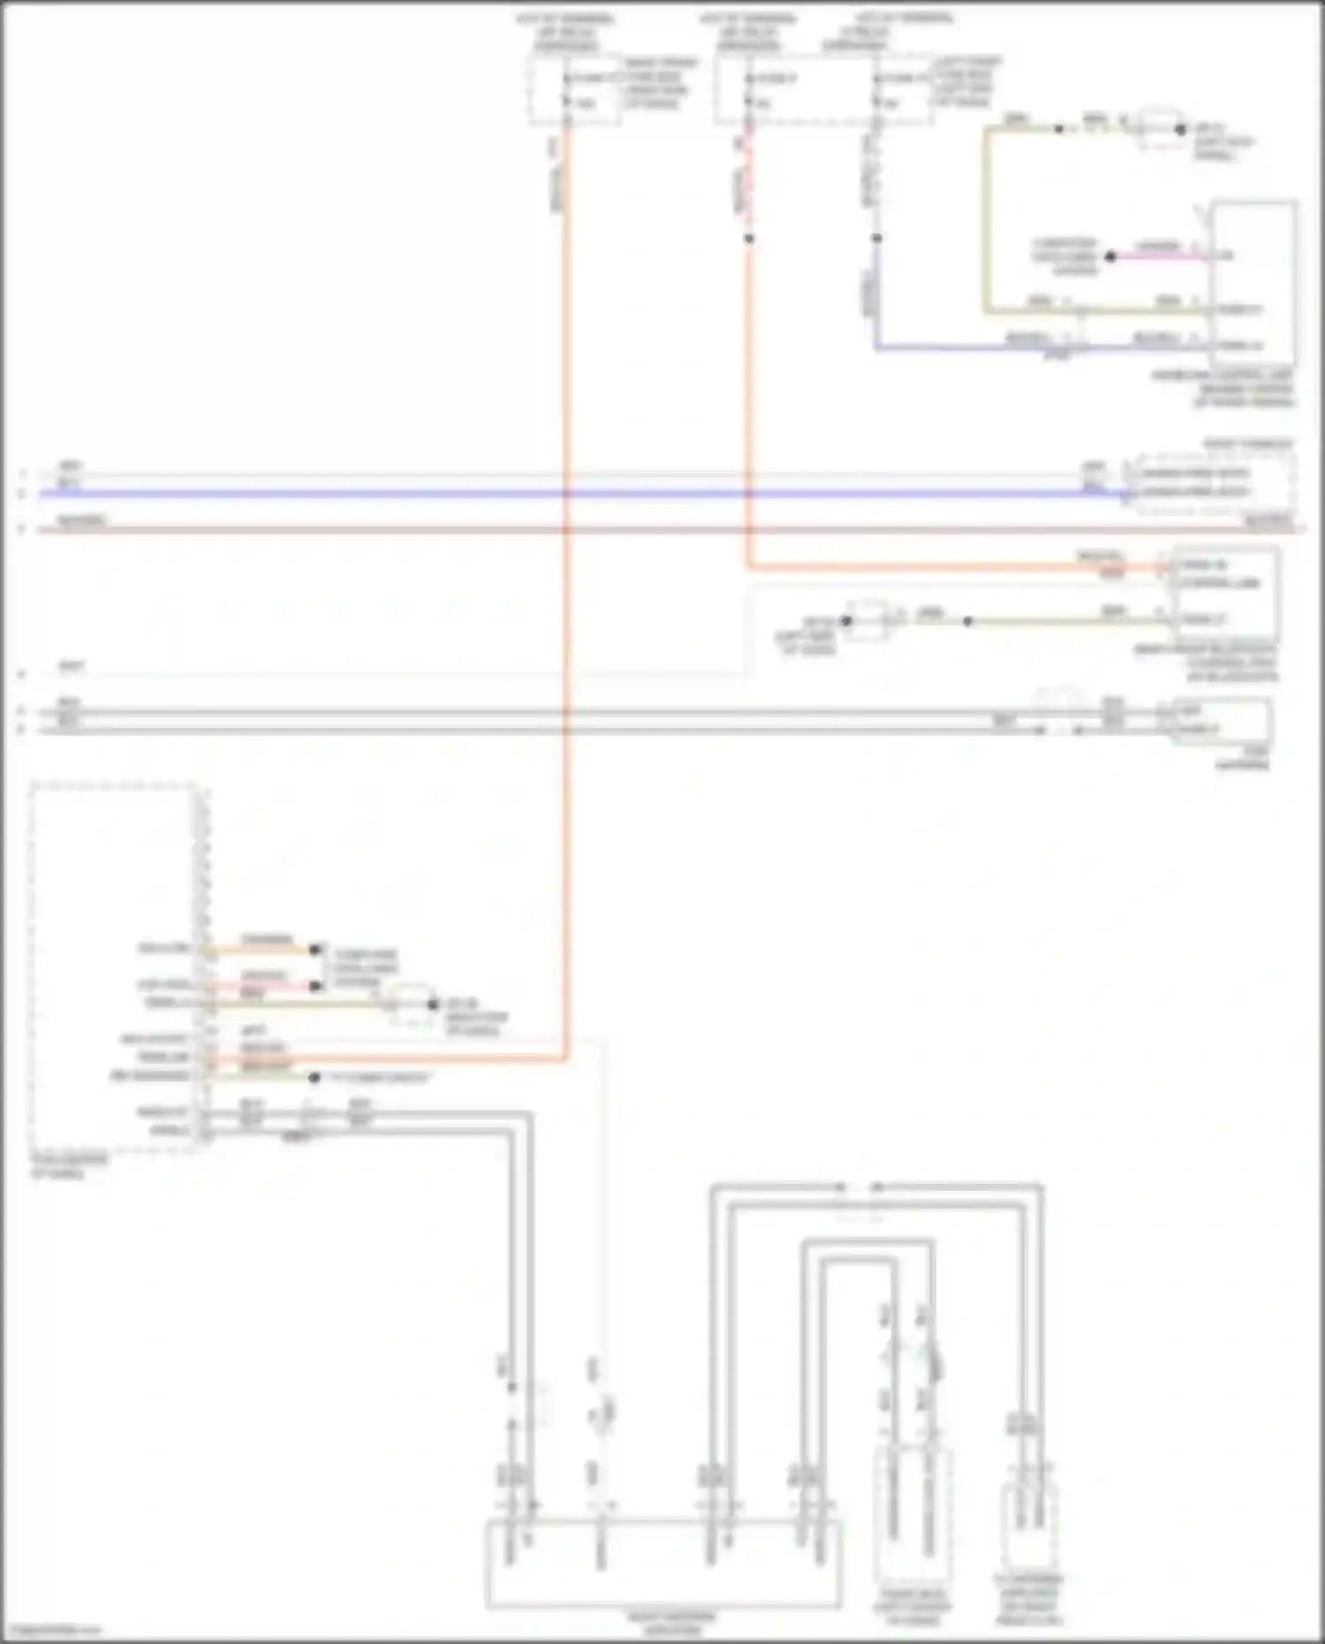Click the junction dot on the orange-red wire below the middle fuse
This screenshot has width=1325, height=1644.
(749, 239)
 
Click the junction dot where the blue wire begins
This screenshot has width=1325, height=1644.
(876, 239)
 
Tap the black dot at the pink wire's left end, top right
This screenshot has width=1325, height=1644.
(1110, 256)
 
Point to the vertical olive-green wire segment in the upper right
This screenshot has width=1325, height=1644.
(987, 221)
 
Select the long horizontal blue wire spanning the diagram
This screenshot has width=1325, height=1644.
(574, 493)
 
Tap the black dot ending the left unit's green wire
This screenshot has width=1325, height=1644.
(314, 1078)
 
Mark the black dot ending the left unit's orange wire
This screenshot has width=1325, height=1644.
(315, 950)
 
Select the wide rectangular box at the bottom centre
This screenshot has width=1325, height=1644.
(662, 1564)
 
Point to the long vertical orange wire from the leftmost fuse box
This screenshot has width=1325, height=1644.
(566, 618)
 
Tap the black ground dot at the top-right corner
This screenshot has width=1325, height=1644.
(1181, 130)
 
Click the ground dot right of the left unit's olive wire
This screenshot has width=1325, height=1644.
(433, 1004)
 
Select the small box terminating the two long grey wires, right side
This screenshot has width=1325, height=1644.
(1222, 721)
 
